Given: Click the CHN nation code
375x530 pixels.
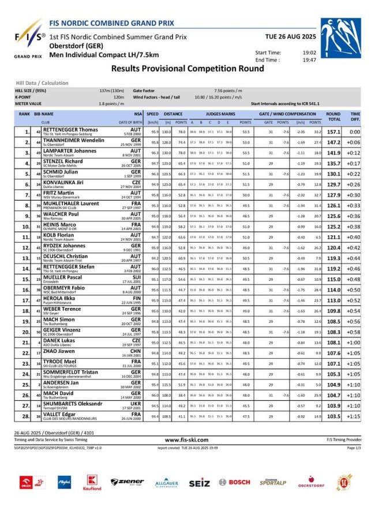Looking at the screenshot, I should point(136,350).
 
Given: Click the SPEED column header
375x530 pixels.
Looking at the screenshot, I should point(152,114).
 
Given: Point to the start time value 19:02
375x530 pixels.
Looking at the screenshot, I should point(309,53).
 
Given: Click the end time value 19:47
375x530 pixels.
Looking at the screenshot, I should point(309,59).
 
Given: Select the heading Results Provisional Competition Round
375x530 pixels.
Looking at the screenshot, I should point(187,68).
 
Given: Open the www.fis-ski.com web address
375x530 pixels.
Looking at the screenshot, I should point(187,439).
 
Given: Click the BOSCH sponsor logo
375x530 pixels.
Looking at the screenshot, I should point(235,482).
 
